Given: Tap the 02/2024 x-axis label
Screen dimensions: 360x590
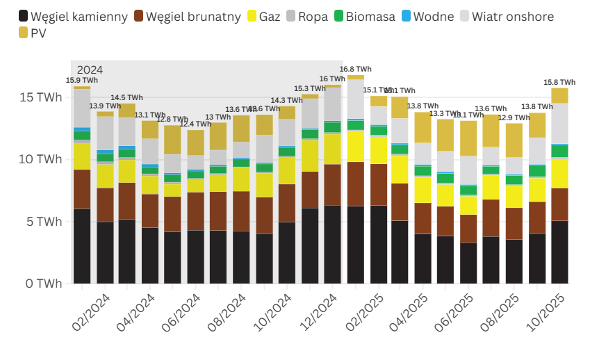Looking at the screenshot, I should point(90,313).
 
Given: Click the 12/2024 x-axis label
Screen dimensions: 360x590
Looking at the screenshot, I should point(318,313).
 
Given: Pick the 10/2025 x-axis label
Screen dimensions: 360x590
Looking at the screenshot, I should point(546,313).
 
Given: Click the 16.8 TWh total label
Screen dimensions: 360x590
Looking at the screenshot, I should point(355,69).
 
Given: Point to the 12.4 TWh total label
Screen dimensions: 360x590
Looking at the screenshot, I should point(195,124).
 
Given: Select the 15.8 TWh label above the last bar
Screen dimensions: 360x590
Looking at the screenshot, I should point(559,82).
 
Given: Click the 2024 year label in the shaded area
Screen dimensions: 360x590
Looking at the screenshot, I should point(90,69).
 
